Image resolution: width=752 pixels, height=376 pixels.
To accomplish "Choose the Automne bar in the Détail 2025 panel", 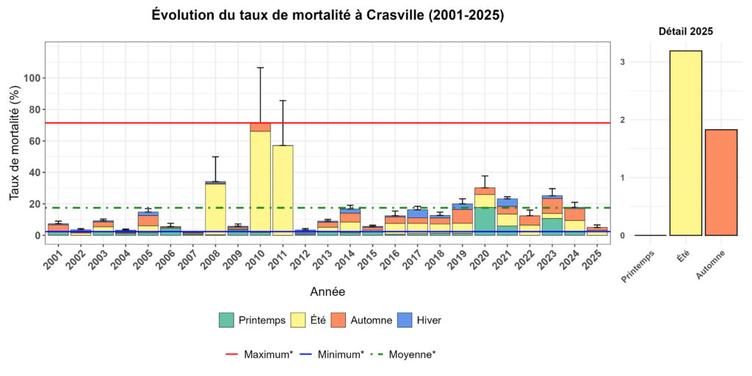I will click(x=720, y=183).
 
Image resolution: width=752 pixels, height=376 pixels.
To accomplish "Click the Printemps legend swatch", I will click(x=226, y=320).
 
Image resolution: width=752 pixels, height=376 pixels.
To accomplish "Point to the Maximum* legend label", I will click(x=268, y=354).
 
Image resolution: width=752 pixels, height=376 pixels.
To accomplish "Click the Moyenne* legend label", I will click(x=412, y=354).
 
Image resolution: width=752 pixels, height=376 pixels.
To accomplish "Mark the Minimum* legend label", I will click(x=341, y=354).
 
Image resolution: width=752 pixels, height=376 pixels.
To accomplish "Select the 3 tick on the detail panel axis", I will click(x=622, y=62).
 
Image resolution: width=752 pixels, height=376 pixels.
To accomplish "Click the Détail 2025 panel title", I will click(x=685, y=32).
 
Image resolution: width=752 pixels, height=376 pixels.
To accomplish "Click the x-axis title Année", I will click(x=327, y=292).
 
